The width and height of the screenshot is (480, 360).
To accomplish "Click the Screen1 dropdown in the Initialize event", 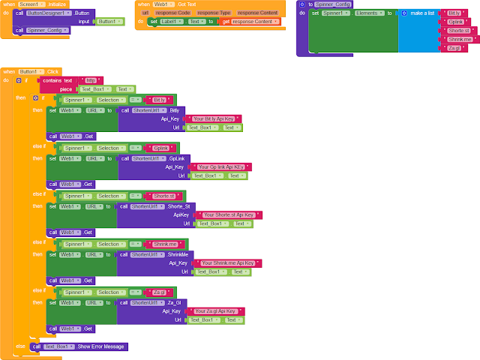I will (x=32, y=4).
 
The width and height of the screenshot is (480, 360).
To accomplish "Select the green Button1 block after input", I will (x=106, y=21).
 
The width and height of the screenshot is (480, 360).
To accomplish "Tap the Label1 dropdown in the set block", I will (x=170, y=21).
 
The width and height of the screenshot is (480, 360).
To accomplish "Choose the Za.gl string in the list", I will (x=454, y=48).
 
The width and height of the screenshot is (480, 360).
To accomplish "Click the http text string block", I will (x=91, y=80).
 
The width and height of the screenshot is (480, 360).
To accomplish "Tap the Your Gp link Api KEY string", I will (x=223, y=166).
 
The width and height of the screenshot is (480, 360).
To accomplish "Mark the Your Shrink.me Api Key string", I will (x=228, y=263).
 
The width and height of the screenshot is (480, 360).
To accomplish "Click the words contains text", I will (x=58, y=80).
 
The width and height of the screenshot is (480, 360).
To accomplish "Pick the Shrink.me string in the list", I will (x=457, y=39).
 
